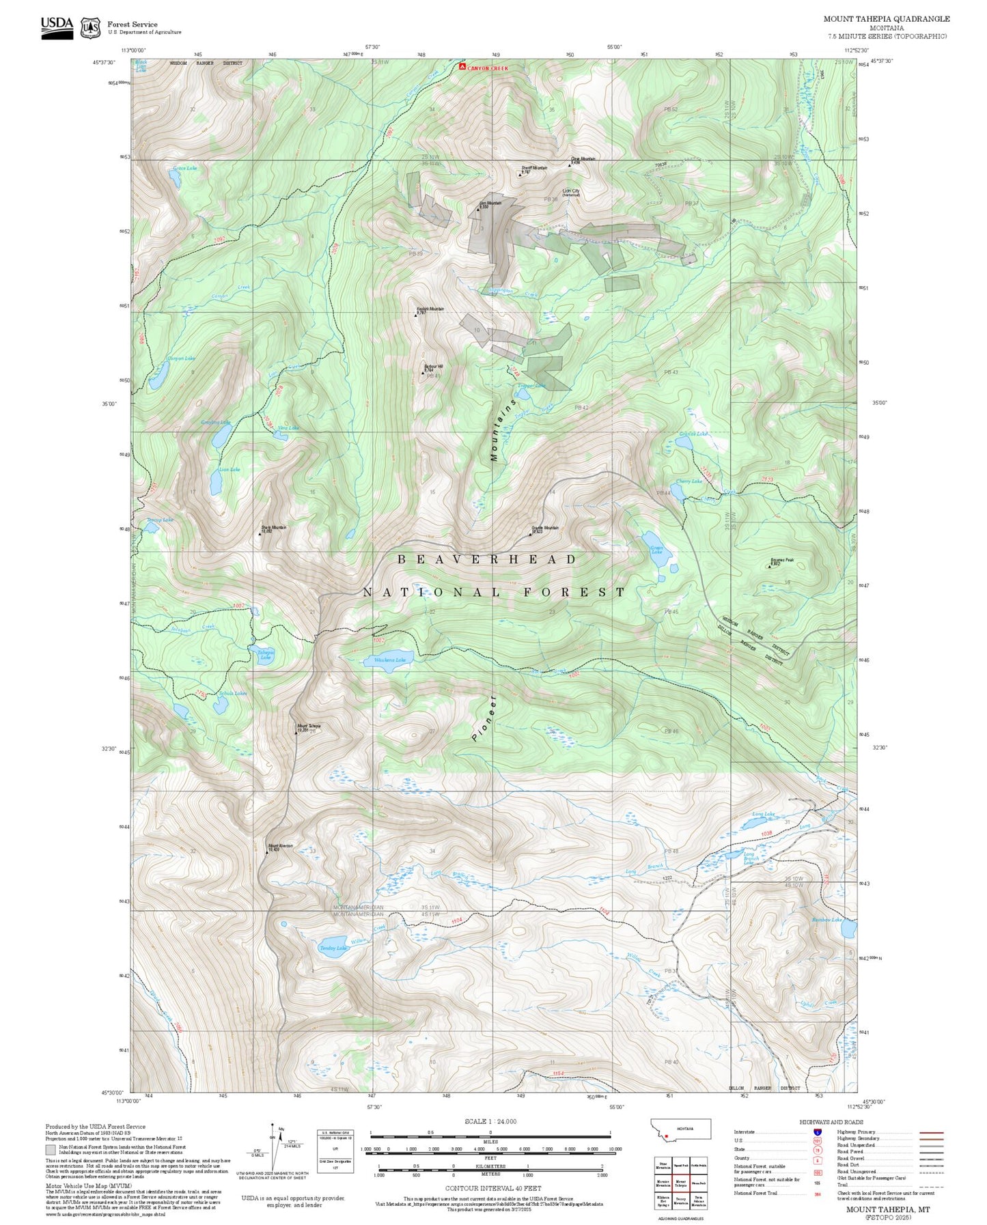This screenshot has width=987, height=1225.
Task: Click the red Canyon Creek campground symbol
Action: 462,67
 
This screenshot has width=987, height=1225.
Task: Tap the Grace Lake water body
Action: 175,179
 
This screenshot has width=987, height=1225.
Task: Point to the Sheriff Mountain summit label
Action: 534,168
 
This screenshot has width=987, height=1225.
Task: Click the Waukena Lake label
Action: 389,660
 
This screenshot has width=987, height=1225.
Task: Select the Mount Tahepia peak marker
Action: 296,732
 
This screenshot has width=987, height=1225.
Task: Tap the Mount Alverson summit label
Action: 280,846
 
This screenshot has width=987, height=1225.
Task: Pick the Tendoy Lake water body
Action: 334,951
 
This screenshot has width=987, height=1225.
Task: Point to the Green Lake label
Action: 656,550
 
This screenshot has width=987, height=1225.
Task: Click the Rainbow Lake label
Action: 826,920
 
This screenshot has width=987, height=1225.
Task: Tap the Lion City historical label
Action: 571,193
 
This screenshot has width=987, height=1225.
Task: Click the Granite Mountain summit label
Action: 545,528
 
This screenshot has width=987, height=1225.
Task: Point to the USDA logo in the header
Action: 57,27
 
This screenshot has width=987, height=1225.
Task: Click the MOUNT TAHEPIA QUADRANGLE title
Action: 886,18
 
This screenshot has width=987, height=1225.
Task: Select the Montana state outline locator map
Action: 680,1129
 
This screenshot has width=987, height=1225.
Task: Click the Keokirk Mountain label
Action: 430,309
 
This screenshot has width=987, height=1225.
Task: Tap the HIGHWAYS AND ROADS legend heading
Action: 831,1122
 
